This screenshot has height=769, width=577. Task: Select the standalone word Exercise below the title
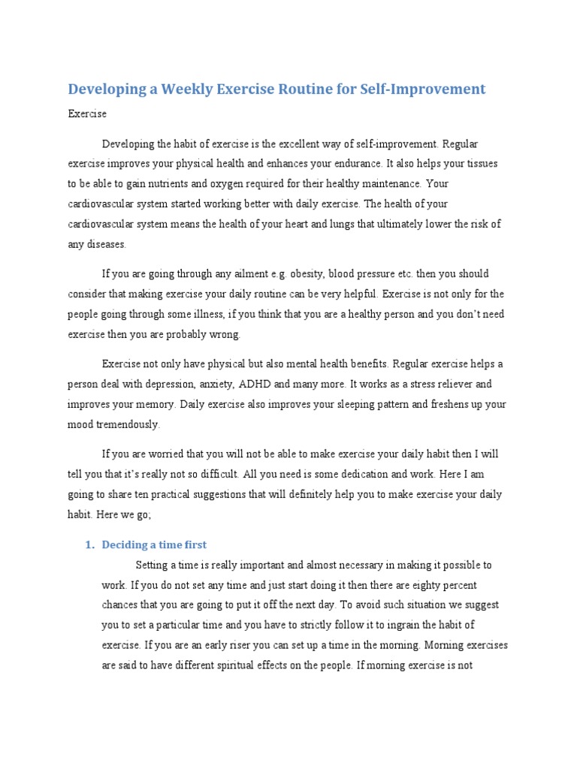point(87,114)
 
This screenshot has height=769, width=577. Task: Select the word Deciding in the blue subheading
point(124,545)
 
